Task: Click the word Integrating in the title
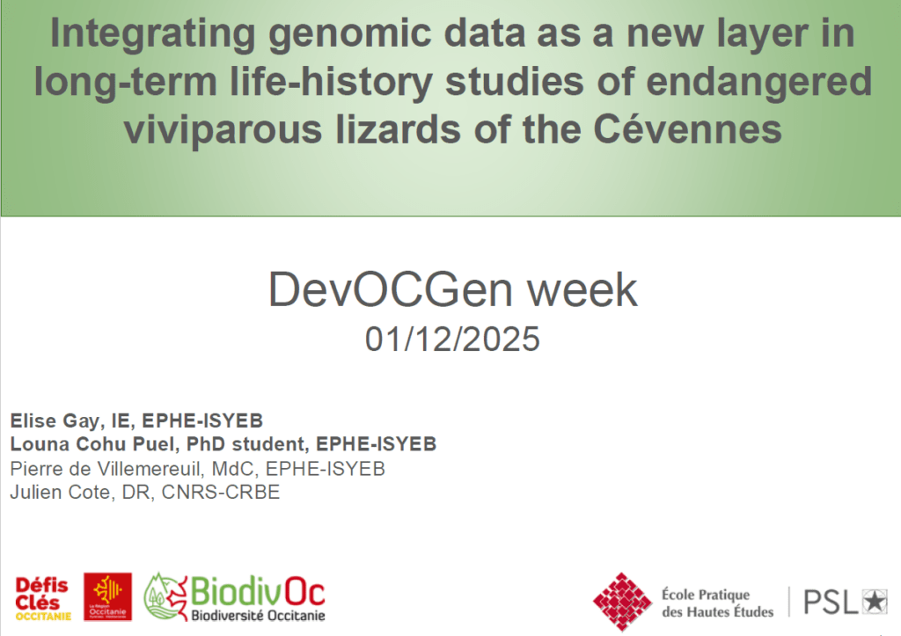pos(152,34)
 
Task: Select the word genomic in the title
pos(349,34)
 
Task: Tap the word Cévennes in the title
pos(687,128)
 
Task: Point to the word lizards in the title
pos(398,128)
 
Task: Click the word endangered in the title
pos(758,81)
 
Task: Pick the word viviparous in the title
pos(223,130)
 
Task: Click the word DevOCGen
pos(390,289)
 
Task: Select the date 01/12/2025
pos(452,339)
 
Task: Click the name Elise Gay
pos(55,421)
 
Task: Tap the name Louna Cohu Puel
pos(92,444)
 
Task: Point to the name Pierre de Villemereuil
pos(106,469)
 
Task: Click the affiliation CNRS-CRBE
pos(221,493)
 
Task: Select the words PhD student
pos(246,444)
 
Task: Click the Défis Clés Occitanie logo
pos(42,599)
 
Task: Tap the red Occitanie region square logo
pos(107,596)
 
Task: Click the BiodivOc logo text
pos(258,592)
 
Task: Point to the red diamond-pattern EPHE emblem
pos(622,602)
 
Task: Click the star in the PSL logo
pos(875,602)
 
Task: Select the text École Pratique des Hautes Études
pos(717,603)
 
